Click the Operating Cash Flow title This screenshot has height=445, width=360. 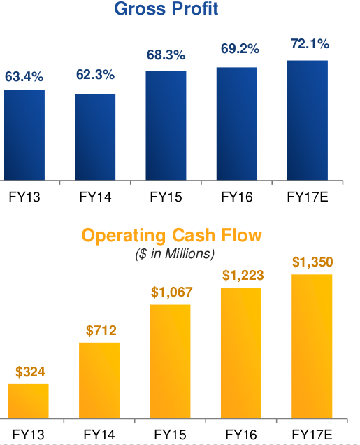[172, 236]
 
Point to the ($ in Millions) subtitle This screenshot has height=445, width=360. [175, 253]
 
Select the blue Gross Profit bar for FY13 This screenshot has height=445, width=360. [24, 136]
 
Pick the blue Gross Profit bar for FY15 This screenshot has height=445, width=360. [166, 126]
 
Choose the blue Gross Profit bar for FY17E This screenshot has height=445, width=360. [308, 121]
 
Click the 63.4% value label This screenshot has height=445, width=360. [24, 76]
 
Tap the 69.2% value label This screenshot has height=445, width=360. [236, 50]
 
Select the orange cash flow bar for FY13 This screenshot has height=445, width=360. [29, 402]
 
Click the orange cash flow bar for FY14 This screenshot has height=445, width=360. [99, 381]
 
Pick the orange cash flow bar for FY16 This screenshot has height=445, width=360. [241, 354]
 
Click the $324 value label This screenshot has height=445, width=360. [29, 372]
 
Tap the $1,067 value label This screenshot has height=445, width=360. [171, 292]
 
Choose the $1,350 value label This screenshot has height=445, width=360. [312, 262]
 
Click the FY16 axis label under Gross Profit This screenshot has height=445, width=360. [236, 197]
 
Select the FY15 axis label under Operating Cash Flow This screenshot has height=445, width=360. [171, 433]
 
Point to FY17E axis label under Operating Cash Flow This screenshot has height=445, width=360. [312, 433]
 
